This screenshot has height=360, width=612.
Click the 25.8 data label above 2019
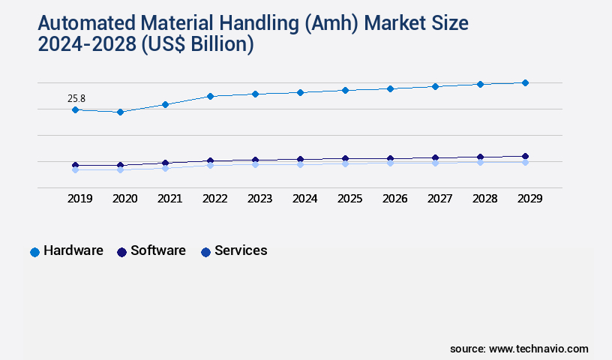[76, 98]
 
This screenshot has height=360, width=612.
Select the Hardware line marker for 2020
[120, 112]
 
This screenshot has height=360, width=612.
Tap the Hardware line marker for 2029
[525, 82]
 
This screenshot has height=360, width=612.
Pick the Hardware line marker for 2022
[210, 96]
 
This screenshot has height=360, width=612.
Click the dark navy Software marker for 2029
[525, 156]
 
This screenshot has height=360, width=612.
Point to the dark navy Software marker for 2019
[75, 165]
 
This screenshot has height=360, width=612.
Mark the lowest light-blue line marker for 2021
[165, 168]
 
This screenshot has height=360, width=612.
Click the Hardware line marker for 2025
[345, 90]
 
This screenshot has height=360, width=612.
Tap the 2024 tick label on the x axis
[304, 199]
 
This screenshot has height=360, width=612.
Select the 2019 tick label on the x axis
[79, 199]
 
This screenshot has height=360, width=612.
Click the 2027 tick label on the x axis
[439, 199]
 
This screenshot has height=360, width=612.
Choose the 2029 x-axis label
[529, 199]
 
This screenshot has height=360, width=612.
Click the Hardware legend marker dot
[34, 252]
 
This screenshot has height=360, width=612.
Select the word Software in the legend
[157, 250]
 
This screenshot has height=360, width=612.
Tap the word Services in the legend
[241, 250]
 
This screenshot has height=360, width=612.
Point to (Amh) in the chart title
[329, 23]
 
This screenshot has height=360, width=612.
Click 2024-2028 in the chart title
[85, 44]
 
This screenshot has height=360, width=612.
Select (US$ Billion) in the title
[196, 44]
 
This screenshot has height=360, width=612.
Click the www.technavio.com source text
[538, 349]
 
